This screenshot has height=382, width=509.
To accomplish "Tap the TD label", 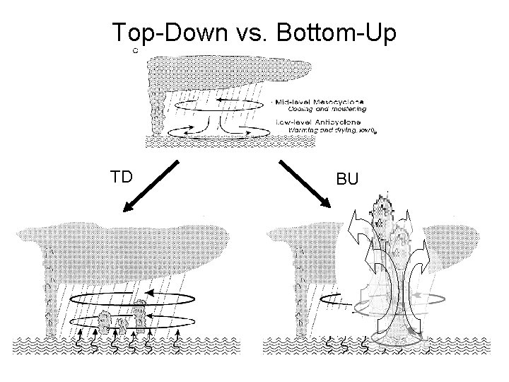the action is (x=122, y=177).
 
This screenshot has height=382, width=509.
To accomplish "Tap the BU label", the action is (x=347, y=180).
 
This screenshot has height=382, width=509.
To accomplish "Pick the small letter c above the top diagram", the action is (x=135, y=50).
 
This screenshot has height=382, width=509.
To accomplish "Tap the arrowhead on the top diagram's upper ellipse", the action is (x=220, y=101).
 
